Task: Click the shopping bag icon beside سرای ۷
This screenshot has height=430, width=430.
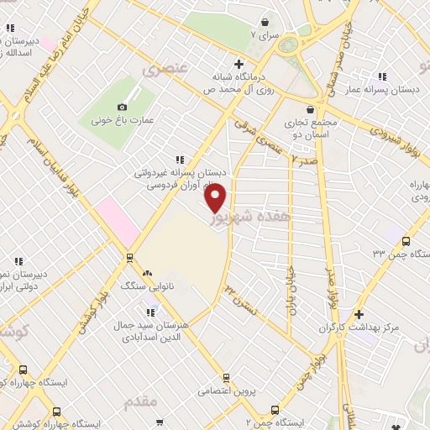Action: point(265,22)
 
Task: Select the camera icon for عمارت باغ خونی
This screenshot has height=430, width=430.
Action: point(122,107)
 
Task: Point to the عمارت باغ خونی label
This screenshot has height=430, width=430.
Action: point(123,120)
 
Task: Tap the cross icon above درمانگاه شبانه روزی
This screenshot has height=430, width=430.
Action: point(239,63)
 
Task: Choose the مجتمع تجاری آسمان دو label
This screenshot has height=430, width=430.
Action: point(310,128)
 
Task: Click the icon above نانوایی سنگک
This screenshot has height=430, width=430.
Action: point(148,272)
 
